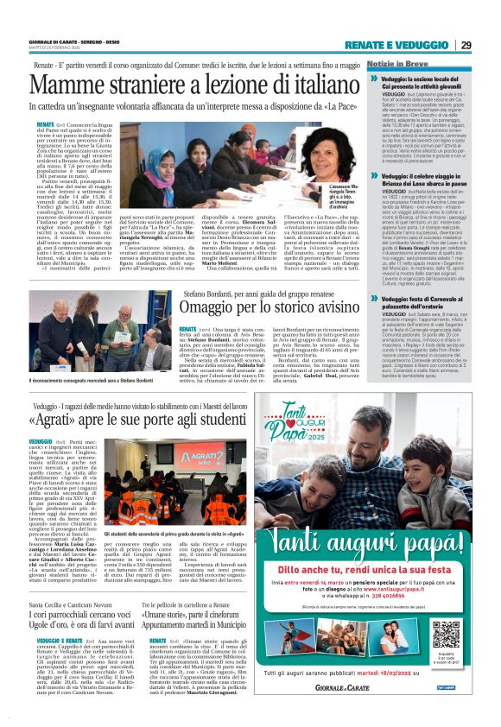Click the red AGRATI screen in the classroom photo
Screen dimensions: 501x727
point(192,459)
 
